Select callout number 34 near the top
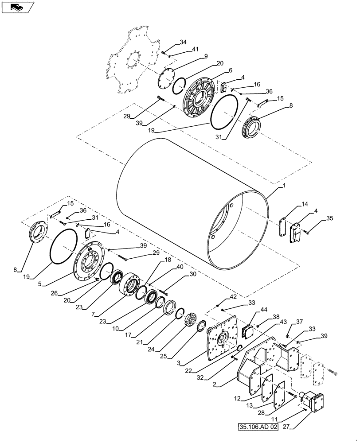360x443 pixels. click(183, 43)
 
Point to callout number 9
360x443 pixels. click(205, 56)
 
